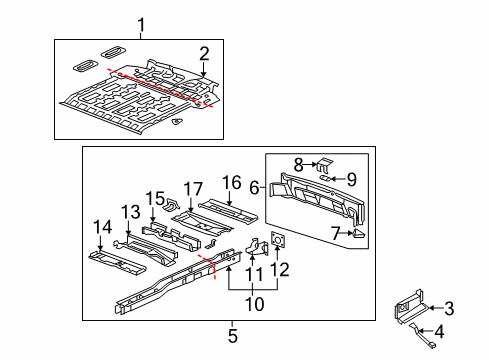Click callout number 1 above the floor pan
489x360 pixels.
(141, 24)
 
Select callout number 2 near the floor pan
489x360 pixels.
(203, 54)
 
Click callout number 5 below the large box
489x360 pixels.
(232, 335)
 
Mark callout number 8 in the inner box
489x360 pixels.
(298, 163)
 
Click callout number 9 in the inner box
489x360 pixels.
(351, 179)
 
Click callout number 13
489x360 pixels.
(132, 211)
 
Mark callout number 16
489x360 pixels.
(232, 182)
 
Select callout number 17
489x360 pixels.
(193, 188)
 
